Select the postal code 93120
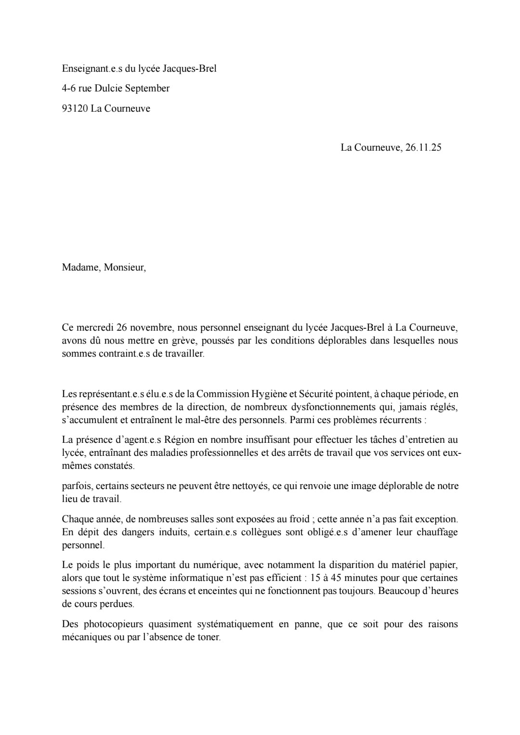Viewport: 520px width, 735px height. coord(75,108)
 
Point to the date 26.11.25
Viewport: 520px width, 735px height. coord(423,147)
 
